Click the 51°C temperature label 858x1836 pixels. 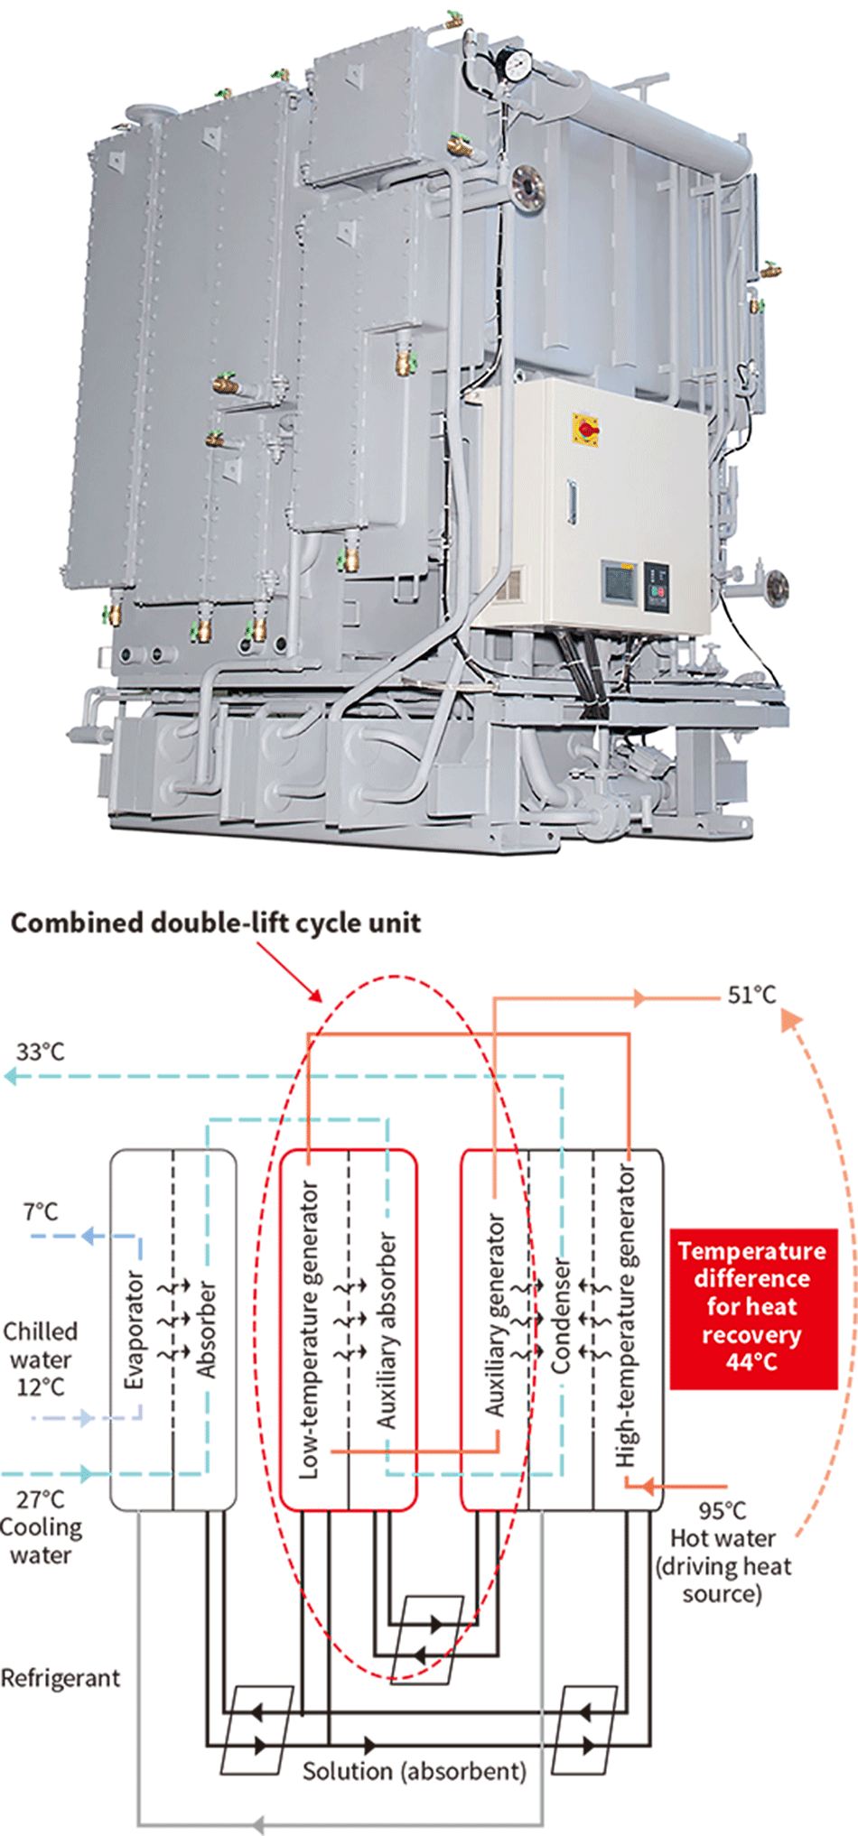click(x=751, y=995)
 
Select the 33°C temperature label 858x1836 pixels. click(x=40, y=1052)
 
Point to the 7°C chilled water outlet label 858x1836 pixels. click(x=41, y=1211)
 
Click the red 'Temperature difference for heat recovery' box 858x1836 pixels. click(x=752, y=1307)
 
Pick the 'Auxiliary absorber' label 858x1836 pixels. click(x=387, y=1331)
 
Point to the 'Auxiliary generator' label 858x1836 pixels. click(x=495, y=1314)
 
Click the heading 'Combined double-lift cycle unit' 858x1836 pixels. click(x=215, y=923)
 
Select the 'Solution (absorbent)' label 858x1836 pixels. click(x=414, y=1771)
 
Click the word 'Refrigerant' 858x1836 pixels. click(x=60, y=1678)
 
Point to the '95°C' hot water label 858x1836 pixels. click(x=722, y=1511)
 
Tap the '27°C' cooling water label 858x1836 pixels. click(x=40, y=1499)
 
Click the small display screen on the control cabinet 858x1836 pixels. click(x=620, y=582)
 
